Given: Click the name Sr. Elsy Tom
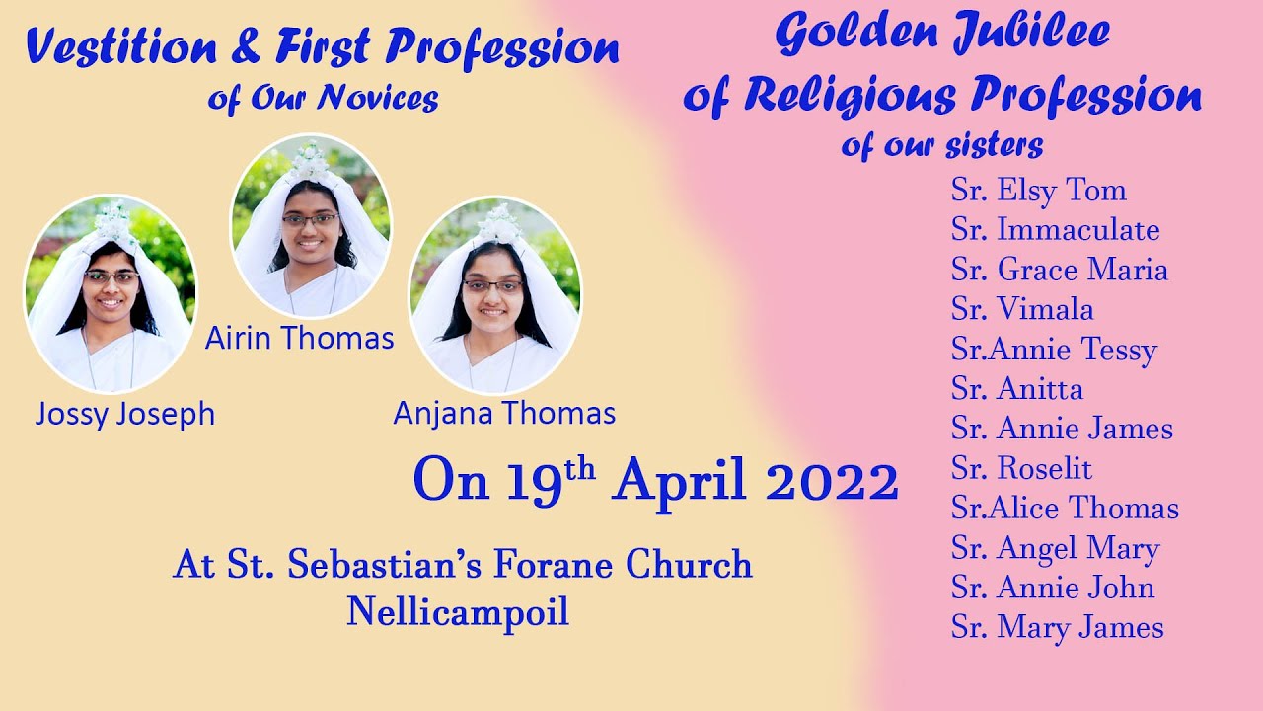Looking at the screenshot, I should [1038, 191].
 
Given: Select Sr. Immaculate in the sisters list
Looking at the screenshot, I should [1055, 230].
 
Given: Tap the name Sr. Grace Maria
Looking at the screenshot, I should [1059, 270].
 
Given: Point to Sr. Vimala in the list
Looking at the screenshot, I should [1022, 309].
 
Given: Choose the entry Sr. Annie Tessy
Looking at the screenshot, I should [1053, 350].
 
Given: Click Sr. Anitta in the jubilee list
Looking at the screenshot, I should [1016, 389].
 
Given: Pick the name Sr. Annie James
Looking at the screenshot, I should [1062, 429].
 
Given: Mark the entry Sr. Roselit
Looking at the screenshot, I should [1021, 468].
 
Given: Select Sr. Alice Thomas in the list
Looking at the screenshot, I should [1065, 509].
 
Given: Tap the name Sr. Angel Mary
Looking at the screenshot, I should [1055, 548].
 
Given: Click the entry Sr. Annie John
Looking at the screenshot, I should [1053, 588].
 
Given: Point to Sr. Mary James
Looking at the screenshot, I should [1057, 628].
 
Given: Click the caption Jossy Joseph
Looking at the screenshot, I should [124, 415].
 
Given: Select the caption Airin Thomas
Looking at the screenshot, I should [299, 339].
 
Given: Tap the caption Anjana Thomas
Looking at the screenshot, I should [504, 413].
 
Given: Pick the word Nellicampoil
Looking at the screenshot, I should [458, 612].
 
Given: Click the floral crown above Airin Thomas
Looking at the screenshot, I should [310, 158].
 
